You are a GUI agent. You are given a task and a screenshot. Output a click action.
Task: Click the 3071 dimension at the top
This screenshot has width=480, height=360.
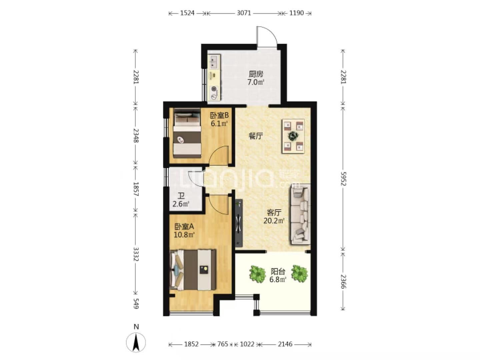pos(244,13)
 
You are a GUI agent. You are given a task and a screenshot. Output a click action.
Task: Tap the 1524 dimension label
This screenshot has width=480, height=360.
pos(187,13)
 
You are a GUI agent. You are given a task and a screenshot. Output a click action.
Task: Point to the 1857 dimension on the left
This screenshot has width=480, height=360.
pos(136,189)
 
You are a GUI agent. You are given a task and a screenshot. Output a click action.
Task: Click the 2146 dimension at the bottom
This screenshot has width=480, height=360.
pos(285,344)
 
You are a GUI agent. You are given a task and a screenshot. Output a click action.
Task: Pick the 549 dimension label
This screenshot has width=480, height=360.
pos(136,303)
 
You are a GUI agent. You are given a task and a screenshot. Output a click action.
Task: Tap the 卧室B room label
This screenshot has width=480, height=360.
pos(219,115)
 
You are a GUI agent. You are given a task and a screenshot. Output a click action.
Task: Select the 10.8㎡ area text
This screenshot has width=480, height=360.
pos(184,235)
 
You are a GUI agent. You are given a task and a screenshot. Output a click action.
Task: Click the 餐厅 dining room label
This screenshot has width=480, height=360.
pos(255,136)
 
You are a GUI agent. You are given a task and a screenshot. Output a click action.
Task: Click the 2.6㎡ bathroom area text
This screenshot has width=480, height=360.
pos(181,204)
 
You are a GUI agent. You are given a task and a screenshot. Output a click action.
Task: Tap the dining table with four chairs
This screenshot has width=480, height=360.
pos(293,136)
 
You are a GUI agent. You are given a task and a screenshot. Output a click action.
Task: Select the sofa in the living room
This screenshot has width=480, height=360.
pos(300,214)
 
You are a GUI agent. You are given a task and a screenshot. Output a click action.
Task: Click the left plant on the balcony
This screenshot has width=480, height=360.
pos(258,274)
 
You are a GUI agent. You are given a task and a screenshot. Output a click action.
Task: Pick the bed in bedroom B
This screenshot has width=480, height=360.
pos(187,133)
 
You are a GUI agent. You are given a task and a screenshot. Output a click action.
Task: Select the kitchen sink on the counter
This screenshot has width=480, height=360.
pos(214,62)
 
